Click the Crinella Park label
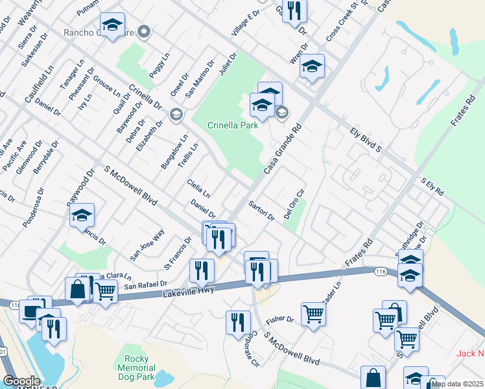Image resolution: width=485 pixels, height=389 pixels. [233, 125]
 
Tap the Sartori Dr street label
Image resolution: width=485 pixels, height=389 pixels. [262, 210]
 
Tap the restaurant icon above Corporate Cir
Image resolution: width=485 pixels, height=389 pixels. [238, 322]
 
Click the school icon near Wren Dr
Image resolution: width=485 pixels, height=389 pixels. [312, 66]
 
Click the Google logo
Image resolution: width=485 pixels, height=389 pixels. [21, 381]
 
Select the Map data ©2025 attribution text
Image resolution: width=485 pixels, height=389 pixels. [456, 384]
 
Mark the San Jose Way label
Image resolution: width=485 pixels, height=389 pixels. [147, 244]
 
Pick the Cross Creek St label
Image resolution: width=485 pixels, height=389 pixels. [342, 24]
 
